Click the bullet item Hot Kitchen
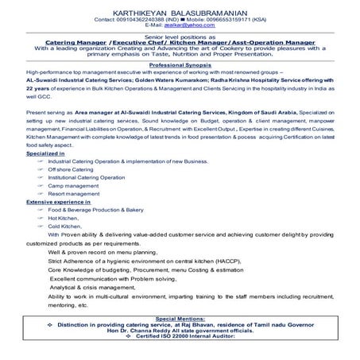pos(64,218)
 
